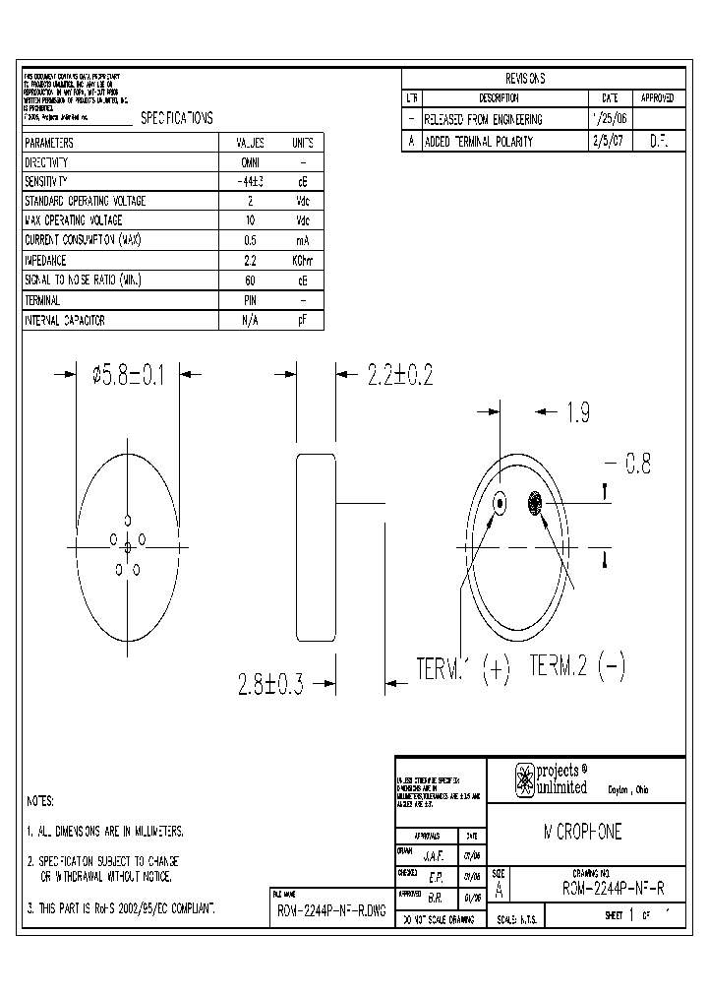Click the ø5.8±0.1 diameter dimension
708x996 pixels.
[128, 374]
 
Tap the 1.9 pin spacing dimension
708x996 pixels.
[577, 414]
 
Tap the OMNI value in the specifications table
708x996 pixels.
[250, 162]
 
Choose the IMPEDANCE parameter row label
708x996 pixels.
[45, 261]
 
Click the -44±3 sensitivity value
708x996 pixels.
[250, 182]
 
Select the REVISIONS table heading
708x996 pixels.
[524, 79]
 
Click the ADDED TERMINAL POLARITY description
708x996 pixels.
[478, 141]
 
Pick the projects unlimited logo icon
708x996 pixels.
[524, 779]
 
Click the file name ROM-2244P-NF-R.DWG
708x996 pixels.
[329, 910]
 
